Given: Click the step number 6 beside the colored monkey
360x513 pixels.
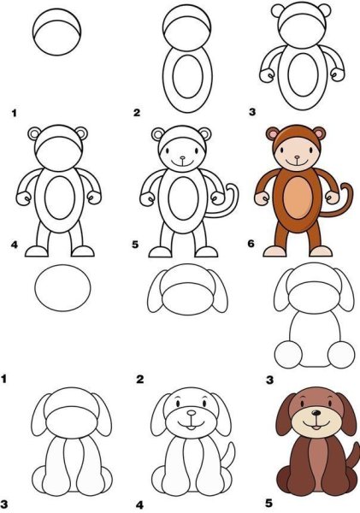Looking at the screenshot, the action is (x=251, y=244).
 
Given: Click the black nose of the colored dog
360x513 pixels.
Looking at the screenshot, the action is (x=316, y=413).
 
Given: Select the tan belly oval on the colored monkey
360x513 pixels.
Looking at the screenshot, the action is (x=297, y=198).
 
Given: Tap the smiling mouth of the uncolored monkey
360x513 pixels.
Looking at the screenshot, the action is (x=183, y=162).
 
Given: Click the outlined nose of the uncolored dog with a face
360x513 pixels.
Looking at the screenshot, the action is (x=192, y=413).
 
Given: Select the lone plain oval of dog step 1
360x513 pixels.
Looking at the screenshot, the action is (x=62, y=288).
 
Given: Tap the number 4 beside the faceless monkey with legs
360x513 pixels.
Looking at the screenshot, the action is (x=14, y=245).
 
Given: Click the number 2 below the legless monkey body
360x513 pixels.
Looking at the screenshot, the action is (x=137, y=113).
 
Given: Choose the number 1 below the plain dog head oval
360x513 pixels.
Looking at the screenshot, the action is (x=3, y=379).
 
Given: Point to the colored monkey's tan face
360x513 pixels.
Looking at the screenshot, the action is (x=297, y=154).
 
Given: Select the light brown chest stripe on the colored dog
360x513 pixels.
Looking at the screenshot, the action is (x=316, y=464).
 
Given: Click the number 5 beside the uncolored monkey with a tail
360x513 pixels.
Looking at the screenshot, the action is (x=135, y=244).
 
